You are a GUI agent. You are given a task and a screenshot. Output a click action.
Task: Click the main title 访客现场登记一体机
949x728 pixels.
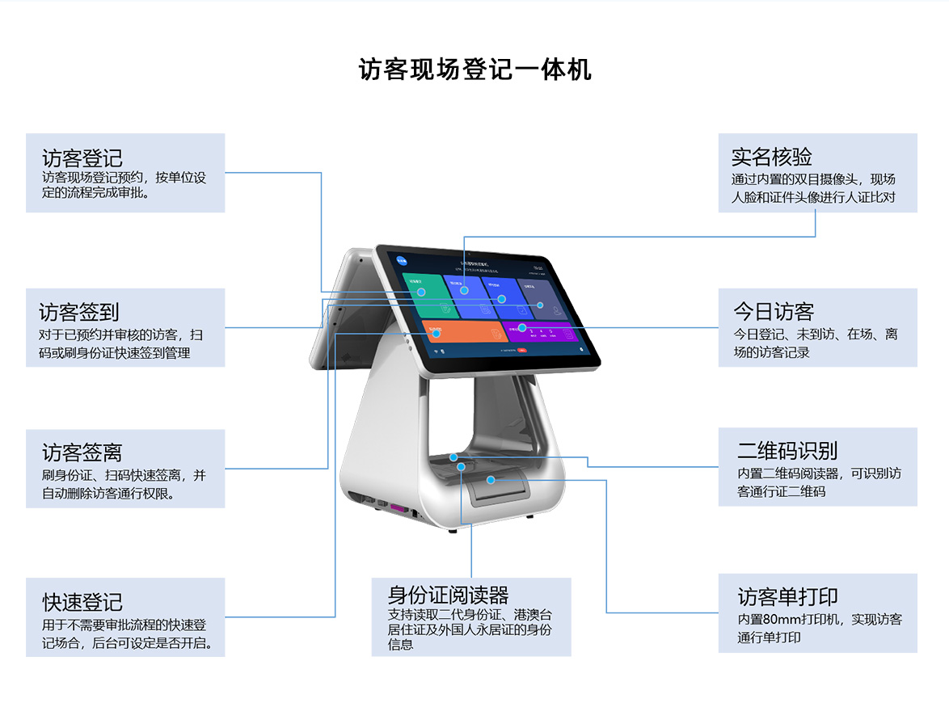point(474,69)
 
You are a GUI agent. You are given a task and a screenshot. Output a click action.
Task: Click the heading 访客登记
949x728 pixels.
point(82,158)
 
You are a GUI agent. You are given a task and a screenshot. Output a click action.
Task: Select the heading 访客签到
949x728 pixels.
point(79,312)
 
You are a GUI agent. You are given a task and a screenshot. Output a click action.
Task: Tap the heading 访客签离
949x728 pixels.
point(82,452)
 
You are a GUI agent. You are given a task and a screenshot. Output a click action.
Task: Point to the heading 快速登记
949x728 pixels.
point(82,602)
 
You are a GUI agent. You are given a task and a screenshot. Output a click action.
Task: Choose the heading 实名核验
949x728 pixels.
point(771,157)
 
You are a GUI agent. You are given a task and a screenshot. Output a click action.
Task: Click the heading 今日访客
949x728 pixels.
point(774,312)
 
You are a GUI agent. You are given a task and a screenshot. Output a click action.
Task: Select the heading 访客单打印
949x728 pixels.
point(787,597)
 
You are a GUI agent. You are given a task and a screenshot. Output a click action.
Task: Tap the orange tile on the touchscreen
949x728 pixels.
point(461,332)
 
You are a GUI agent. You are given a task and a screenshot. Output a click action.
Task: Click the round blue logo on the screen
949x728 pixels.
point(402,260)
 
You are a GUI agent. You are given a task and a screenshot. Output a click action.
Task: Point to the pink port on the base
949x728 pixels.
point(397,508)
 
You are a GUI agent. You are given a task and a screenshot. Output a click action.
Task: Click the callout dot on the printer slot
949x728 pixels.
point(491,480)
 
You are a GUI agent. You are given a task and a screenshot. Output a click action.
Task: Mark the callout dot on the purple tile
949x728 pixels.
point(522,328)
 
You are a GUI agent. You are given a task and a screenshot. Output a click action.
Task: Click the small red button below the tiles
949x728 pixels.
point(522,351)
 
